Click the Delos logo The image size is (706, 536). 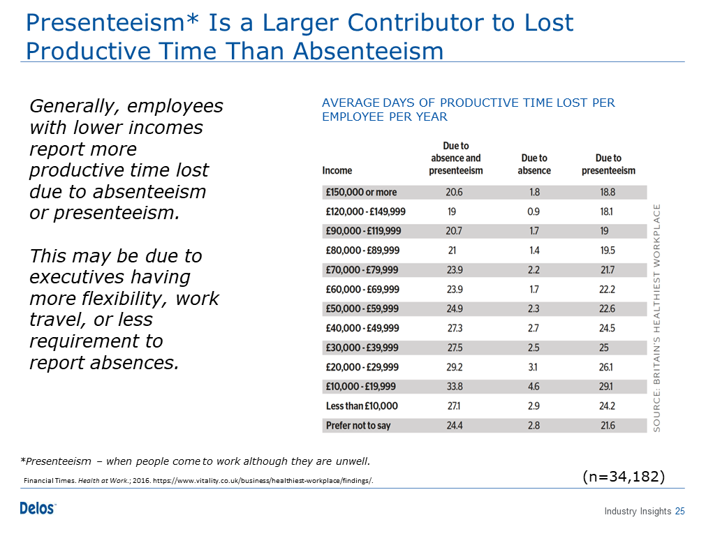38,508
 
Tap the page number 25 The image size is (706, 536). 680,512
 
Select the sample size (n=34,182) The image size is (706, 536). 624,476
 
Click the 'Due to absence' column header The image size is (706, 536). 534,164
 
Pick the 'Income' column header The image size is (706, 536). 337,170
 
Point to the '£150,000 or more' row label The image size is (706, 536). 361,192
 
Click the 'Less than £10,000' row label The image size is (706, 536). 362,406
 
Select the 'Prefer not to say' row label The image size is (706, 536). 358,426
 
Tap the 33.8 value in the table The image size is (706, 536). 455,387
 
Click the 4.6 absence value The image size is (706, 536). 534,387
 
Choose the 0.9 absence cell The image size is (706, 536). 534,211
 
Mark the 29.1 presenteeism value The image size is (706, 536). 605,387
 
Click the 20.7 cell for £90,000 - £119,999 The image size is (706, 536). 454,231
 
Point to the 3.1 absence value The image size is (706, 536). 533,367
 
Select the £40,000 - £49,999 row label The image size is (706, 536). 362,328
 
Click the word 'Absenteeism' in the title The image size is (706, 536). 368,50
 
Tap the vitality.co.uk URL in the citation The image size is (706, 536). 263,481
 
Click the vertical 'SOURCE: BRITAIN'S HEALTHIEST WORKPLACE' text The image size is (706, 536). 656,318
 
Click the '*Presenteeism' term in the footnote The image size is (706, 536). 56,461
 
